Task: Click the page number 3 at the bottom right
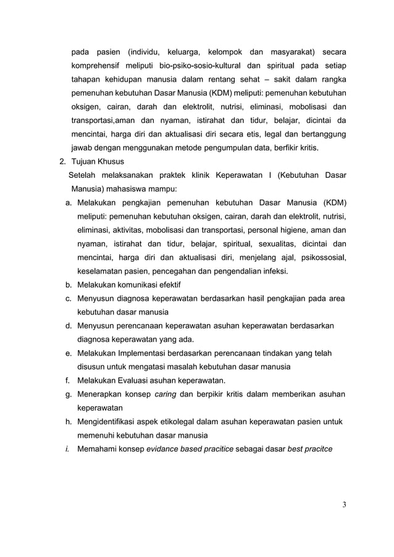344,505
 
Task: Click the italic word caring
166,394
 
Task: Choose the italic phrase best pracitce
310,448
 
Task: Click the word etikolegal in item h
176,421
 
